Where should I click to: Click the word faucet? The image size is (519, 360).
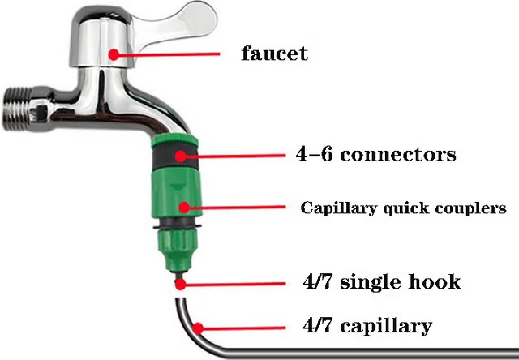pos(274,54)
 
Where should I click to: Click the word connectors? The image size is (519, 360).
pos(398,154)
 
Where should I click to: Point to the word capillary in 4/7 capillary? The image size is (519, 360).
pos(386,326)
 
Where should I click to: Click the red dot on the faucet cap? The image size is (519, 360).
pos(114,54)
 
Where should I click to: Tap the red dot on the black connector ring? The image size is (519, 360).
pos(180,156)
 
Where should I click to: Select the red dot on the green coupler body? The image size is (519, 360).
pos(184,208)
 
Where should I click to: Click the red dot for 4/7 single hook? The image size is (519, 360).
pos(180,285)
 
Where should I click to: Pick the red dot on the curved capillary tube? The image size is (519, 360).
pos(198,328)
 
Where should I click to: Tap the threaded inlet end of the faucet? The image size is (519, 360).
pos(17,108)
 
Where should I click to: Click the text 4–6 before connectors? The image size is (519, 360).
pos(314,154)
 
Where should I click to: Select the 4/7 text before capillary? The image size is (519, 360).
pos(317,325)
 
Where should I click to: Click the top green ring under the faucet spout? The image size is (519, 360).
pos(175,140)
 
